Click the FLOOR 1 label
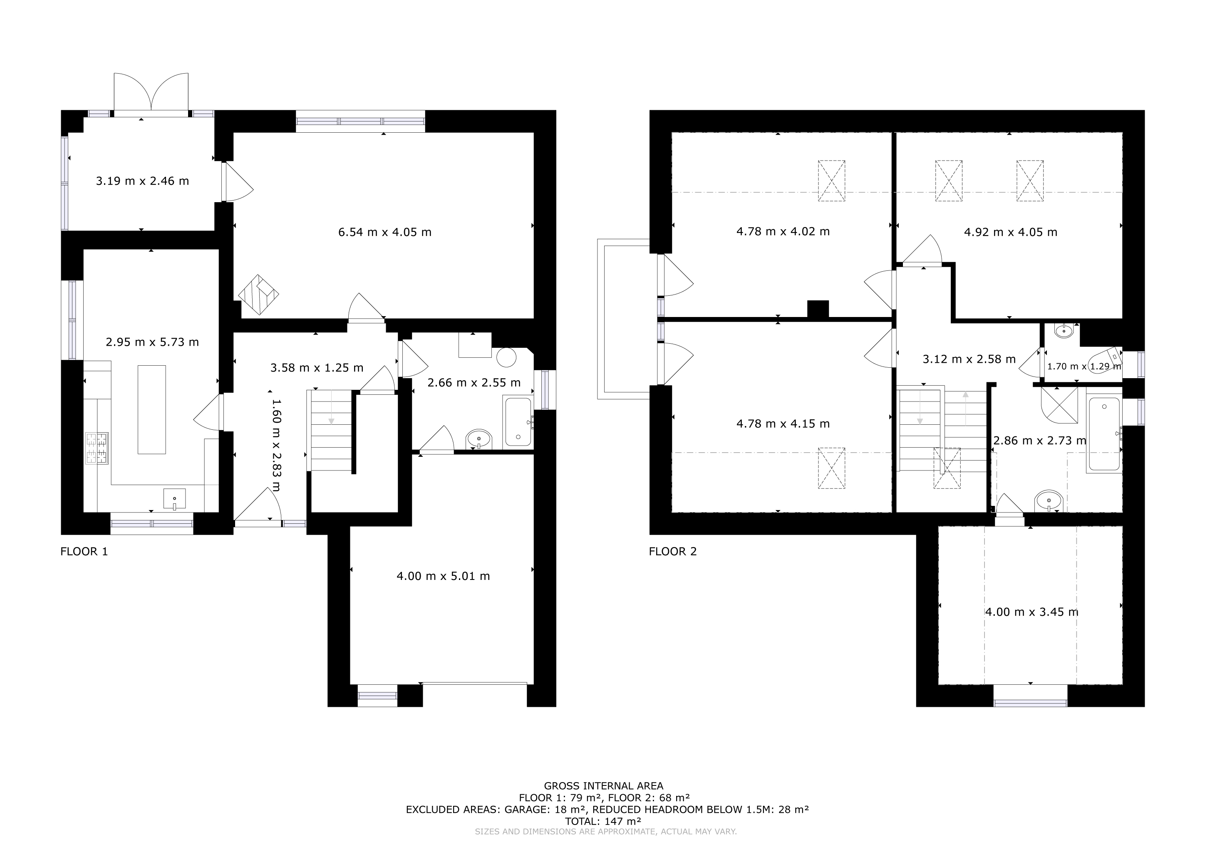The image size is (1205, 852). pyautogui.click(x=84, y=551)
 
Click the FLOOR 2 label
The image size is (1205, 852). pyautogui.click(x=673, y=551)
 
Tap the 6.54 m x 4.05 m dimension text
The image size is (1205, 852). pyautogui.click(x=385, y=232)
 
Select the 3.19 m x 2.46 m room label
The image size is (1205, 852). pyautogui.click(x=142, y=181)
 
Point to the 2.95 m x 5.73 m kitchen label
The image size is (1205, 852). pyautogui.click(x=152, y=342)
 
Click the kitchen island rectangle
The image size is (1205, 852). pyautogui.click(x=152, y=409)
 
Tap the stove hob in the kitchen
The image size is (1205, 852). pyautogui.click(x=97, y=448)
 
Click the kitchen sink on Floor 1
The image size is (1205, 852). pyautogui.click(x=174, y=499)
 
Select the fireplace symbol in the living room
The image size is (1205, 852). pyautogui.click(x=258, y=295)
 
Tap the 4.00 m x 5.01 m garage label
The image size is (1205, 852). pyautogui.click(x=444, y=576)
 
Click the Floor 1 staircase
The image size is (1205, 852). pyautogui.click(x=331, y=430)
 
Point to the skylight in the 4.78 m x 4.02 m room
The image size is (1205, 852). pyautogui.click(x=831, y=181)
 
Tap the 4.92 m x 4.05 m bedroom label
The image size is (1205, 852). pyautogui.click(x=1011, y=232)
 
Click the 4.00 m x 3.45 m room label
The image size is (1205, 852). pyautogui.click(x=1032, y=612)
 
